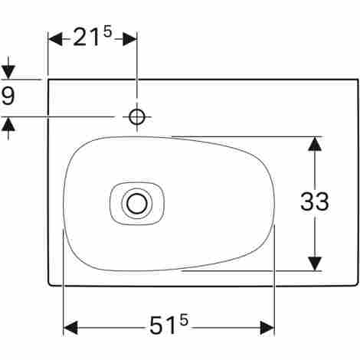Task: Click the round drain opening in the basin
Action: (x=137, y=204)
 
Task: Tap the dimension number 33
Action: (x=315, y=201)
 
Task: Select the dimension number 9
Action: (x=8, y=95)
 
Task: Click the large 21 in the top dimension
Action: (x=86, y=38)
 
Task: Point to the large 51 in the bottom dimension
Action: (x=163, y=326)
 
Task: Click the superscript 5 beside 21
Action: (x=108, y=31)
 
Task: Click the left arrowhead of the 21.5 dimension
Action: (x=55, y=39)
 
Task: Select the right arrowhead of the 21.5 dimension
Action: (x=129, y=39)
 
